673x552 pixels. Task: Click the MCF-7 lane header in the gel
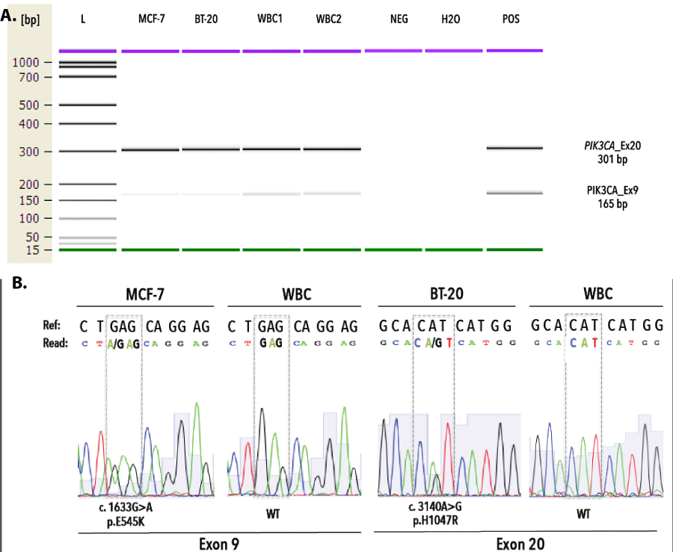click(x=150, y=19)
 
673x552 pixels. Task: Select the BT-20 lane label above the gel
click(x=211, y=19)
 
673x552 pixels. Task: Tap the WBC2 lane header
click(x=328, y=19)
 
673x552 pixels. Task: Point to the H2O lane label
click(x=451, y=19)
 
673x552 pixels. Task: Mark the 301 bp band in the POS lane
click(x=514, y=148)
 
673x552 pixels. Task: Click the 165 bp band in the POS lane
click(x=514, y=193)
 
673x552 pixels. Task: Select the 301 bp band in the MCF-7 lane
click(x=150, y=150)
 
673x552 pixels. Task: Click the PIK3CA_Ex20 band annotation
click(x=602, y=145)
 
